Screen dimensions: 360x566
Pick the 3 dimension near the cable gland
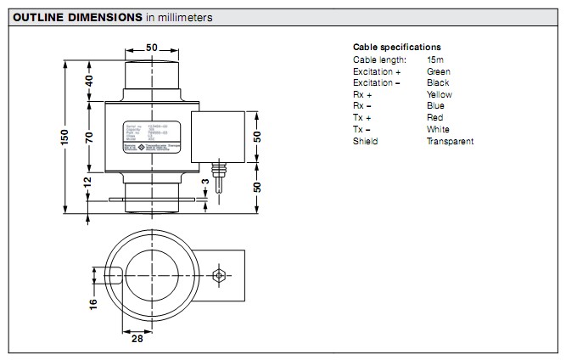[x=205, y=182]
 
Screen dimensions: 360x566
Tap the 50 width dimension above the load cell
[x=153, y=48]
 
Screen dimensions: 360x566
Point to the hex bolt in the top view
[x=220, y=276]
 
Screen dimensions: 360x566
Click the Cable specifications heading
[x=396, y=47]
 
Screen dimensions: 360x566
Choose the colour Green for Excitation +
[x=439, y=72]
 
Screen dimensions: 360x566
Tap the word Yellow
[x=440, y=94]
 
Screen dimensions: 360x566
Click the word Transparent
[x=450, y=141]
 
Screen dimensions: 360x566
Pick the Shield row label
[x=366, y=141]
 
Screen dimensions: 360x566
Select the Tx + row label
[x=362, y=118]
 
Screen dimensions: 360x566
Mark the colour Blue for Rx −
[x=435, y=106]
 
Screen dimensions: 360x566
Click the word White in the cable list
[x=438, y=129]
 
